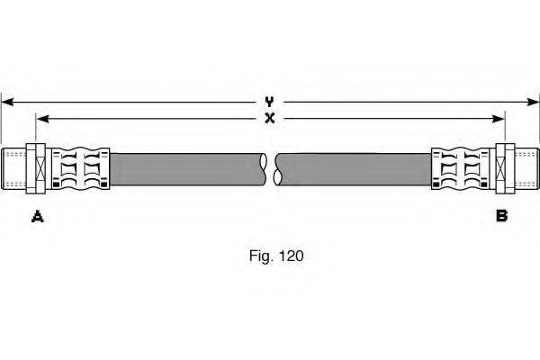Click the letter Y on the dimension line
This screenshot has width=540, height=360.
pos(269,102)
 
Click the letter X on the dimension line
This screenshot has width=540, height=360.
pos(270,119)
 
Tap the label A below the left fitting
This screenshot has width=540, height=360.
pos(37,216)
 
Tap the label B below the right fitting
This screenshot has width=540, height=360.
pos(501,216)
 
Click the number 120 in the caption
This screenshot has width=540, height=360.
pos(291,256)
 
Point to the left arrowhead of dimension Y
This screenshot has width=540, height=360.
pos(7,102)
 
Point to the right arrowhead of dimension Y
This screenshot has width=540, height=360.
pos(533,102)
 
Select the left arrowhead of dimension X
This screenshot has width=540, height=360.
pos(42,119)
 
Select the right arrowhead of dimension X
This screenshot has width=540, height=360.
pos(499,119)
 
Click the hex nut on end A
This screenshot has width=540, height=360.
pos(36,168)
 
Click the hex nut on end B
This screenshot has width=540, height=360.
pos(505,168)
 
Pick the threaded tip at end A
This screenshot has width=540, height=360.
pos(13,168)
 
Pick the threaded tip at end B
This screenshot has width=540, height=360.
pos(526,168)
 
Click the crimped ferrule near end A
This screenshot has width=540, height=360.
pos(80,169)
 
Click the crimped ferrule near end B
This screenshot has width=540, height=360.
pos(461,169)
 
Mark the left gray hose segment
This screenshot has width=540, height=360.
pos(188,169)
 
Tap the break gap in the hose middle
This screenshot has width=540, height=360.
pos(271,169)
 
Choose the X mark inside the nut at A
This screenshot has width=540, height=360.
pos(40,168)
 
